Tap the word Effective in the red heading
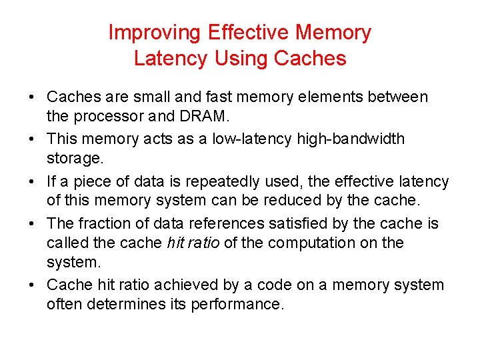[250, 32]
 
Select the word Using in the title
[239, 58]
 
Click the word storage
[75, 158]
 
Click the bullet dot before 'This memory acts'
[31, 139]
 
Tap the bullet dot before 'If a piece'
[31, 181]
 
